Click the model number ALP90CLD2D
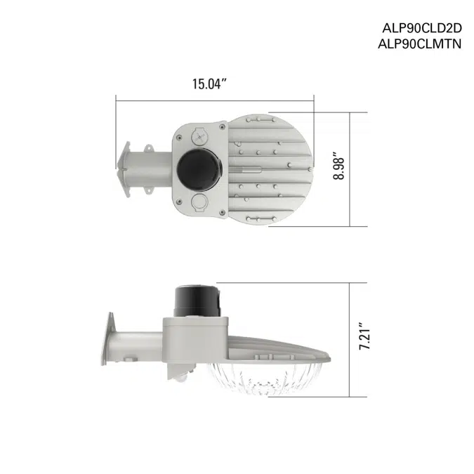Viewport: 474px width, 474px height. (x=421, y=29)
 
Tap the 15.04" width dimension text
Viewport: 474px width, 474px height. (x=211, y=84)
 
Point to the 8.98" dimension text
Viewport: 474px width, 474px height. (x=340, y=169)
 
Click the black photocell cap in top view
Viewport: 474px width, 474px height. (x=197, y=169)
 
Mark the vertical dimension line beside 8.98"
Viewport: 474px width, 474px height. (x=369, y=169)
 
